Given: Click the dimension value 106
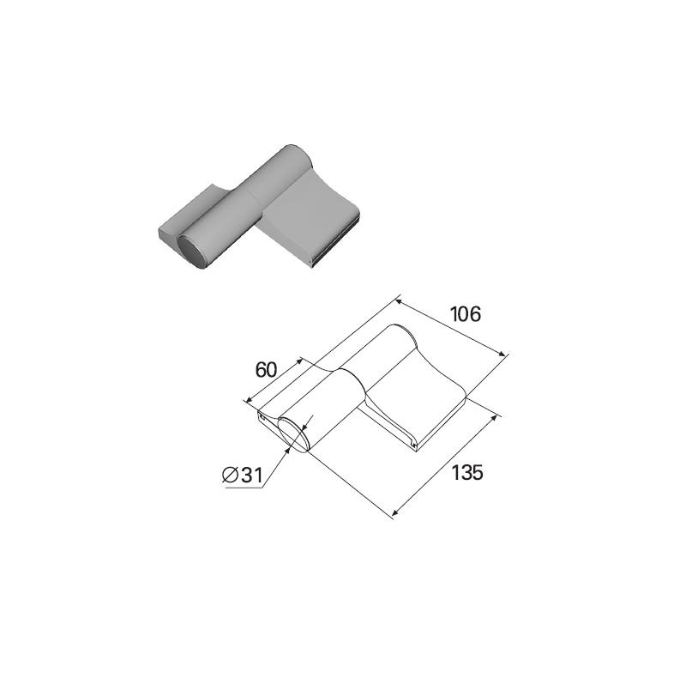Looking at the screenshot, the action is [x=466, y=314].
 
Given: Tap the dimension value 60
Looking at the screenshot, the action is [x=267, y=370].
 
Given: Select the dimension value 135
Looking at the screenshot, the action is [x=466, y=473].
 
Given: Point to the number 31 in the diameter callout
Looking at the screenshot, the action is [x=251, y=475].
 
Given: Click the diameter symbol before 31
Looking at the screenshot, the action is [x=230, y=475].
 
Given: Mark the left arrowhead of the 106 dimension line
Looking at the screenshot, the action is [x=398, y=301].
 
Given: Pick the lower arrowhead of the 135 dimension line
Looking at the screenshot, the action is [x=395, y=512].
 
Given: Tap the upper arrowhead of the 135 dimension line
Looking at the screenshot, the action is [x=495, y=418].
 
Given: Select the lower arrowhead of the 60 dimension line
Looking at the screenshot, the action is [x=249, y=399].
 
